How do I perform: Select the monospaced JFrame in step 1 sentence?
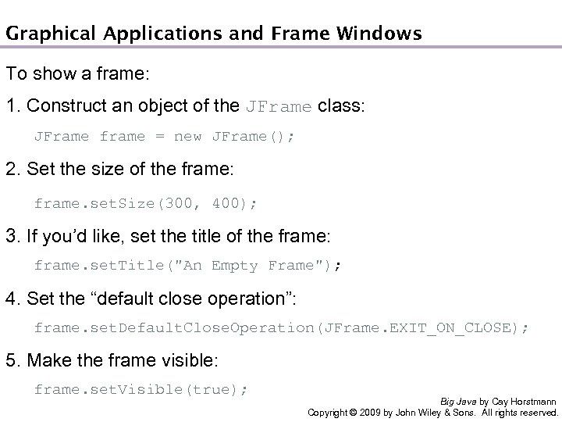[279, 106]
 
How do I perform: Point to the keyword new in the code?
[187, 137]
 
